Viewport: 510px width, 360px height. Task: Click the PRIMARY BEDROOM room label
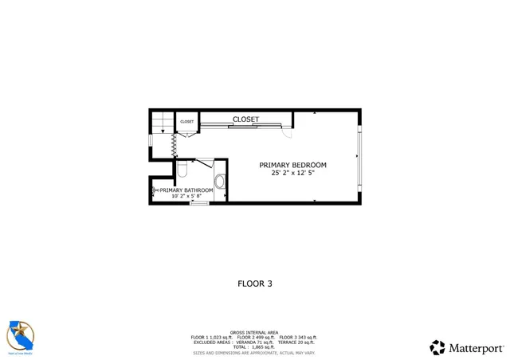(292, 166)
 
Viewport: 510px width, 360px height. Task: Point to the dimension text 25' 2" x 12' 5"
(292, 174)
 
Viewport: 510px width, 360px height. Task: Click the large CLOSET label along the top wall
(245, 119)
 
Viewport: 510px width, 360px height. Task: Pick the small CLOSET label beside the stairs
(186, 122)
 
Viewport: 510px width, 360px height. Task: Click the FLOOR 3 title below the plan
(255, 283)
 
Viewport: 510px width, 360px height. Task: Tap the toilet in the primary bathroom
(182, 170)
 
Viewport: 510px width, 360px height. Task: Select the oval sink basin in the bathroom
(220, 182)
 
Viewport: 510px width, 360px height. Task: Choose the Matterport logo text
(476, 348)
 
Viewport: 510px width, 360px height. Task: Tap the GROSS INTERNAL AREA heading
(254, 332)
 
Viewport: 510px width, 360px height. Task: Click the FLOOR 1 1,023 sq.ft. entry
(212, 337)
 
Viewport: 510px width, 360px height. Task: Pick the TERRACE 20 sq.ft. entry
(296, 342)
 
